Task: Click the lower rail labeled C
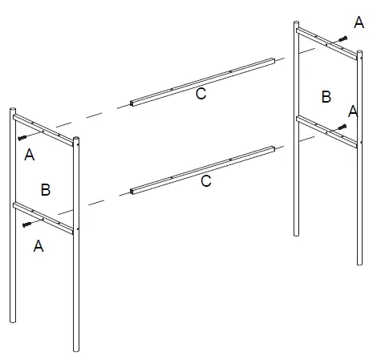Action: point(201,168)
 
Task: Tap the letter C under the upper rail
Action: point(201,95)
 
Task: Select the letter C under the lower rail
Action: point(206,182)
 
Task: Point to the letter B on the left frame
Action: point(46,189)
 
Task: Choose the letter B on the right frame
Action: point(326,97)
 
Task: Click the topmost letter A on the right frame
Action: point(359,23)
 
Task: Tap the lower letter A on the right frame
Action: point(354,111)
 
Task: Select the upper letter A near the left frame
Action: point(30,155)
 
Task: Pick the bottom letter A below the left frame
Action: point(38,247)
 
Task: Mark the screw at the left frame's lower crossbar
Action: point(30,224)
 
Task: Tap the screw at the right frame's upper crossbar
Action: point(342,39)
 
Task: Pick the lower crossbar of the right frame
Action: point(327,130)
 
